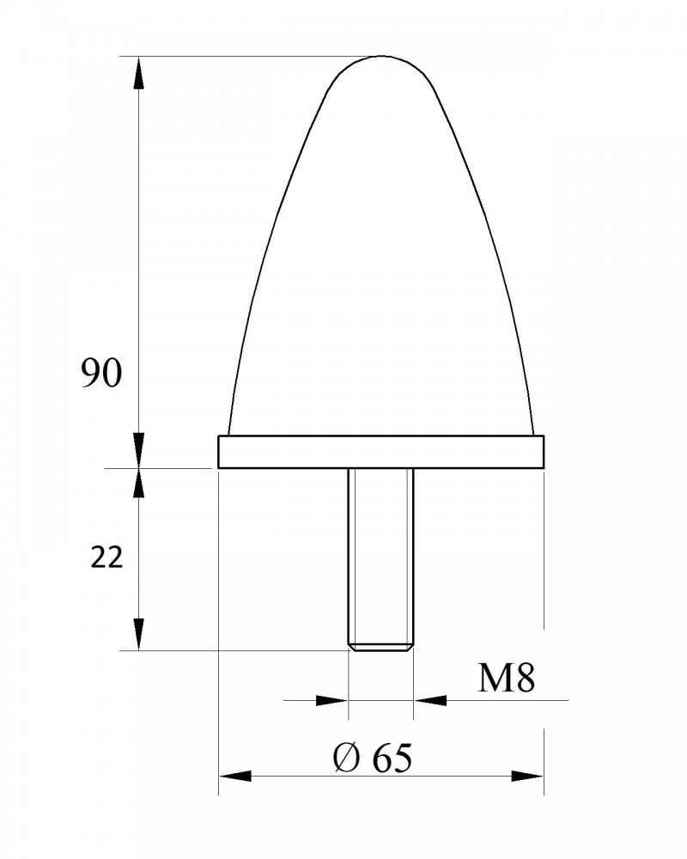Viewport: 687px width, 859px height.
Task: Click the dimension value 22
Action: [x=106, y=558]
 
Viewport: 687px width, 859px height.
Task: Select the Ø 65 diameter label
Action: [x=372, y=758]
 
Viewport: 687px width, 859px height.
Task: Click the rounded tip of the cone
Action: [x=381, y=57]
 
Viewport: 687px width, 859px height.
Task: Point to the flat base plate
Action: [x=380, y=452]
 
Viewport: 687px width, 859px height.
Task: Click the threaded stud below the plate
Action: [x=380, y=560]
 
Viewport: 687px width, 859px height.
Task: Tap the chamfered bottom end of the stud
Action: [x=380, y=647]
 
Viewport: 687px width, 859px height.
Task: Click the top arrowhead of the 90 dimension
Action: [x=139, y=72]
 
